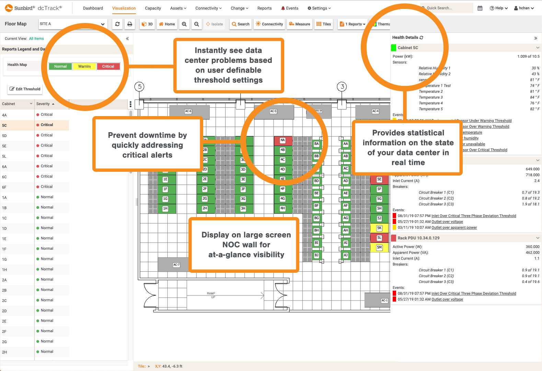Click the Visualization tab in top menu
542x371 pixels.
tap(124, 8)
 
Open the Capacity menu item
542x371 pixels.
tap(153, 8)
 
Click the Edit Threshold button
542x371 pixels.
tap(25, 89)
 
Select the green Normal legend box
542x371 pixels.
tap(60, 66)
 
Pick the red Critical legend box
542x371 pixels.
tap(108, 66)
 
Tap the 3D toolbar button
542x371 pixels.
tap(147, 24)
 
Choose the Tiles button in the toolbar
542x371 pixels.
tap(323, 24)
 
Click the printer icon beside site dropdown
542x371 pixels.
tap(129, 24)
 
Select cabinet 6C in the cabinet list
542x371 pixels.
tap(4, 177)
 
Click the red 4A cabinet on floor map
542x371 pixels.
tap(282, 140)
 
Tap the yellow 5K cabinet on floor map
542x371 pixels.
tap(379, 228)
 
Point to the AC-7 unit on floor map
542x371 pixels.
tap(176, 265)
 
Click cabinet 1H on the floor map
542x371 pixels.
tap(165, 209)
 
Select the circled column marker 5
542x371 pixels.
tap(139, 87)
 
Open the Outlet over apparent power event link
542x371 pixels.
tap(454, 227)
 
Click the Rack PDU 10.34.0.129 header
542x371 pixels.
tap(418, 238)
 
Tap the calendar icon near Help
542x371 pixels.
tap(480, 8)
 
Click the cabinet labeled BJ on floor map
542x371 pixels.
tap(316, 255)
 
